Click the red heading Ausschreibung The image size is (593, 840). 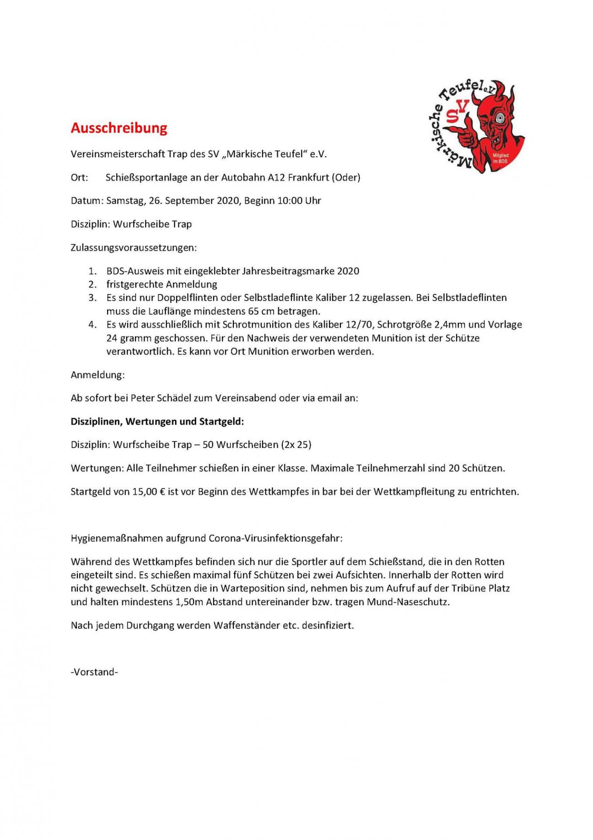click(119, 128)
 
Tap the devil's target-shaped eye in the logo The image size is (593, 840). click(501, 116)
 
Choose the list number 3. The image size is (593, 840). click(93, 298)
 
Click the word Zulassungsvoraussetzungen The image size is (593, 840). click(133, 248)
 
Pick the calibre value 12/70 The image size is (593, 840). click(360, 325)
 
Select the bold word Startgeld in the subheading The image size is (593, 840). click(221, 421)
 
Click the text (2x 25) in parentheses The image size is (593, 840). click(296, 445)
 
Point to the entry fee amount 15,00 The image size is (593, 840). click(145, 492)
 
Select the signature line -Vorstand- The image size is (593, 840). click(94, 672)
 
